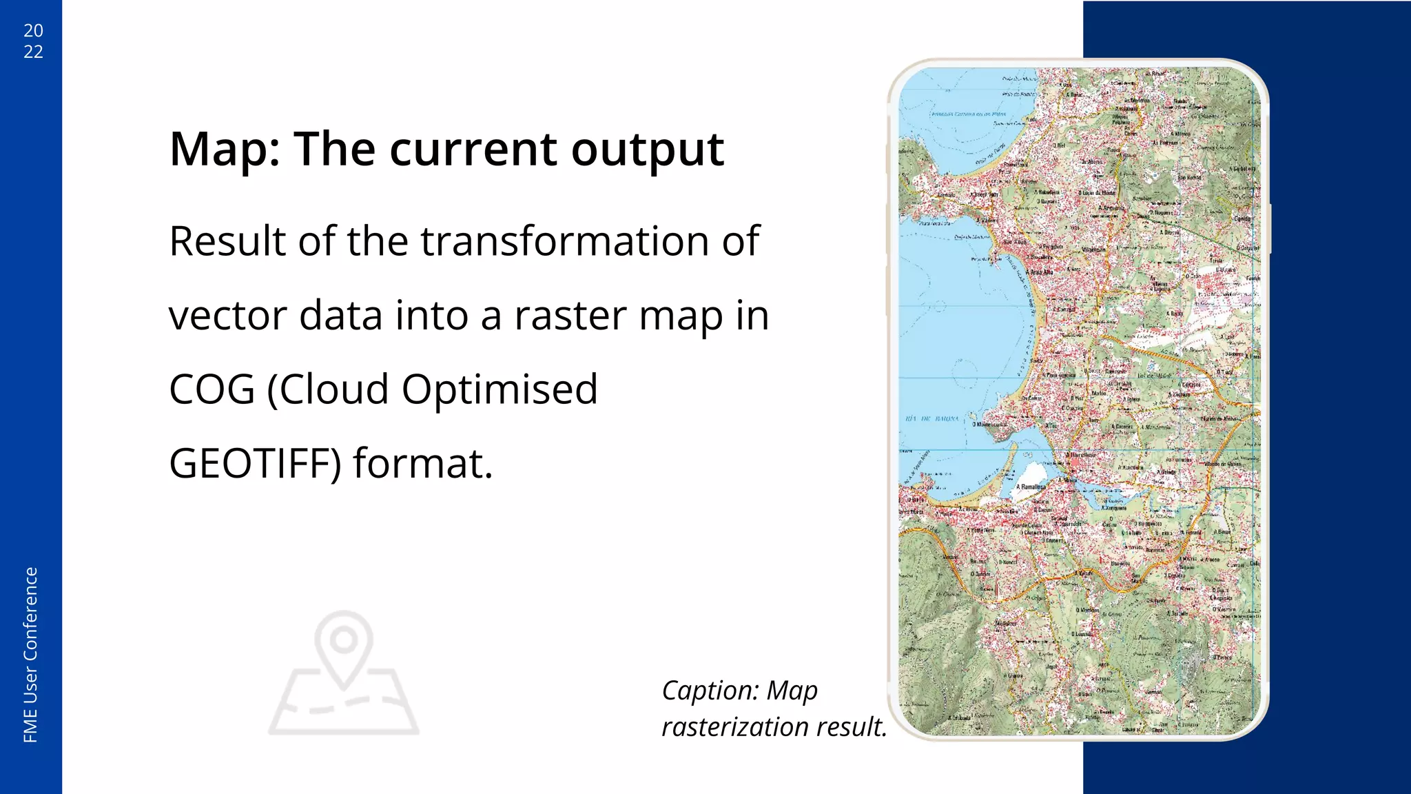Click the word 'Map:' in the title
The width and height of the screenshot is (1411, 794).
click(225, 149)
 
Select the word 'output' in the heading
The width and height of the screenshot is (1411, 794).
click(647, 149)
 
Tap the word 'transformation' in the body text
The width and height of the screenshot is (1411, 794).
click(566, 241)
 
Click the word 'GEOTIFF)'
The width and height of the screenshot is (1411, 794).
click(255, 463)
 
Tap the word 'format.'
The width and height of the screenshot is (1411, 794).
click(423, 463)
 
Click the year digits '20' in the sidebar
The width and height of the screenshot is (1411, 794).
click(33, 30)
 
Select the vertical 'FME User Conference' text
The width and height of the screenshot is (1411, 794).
click(30, 655)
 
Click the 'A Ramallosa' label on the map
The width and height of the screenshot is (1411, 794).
click(1031, 487)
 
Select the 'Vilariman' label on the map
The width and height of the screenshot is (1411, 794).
click(1094, 250)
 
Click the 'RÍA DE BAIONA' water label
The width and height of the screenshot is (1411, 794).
click(932, 419)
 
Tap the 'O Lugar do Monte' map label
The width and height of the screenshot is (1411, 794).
click(1097, 193)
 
